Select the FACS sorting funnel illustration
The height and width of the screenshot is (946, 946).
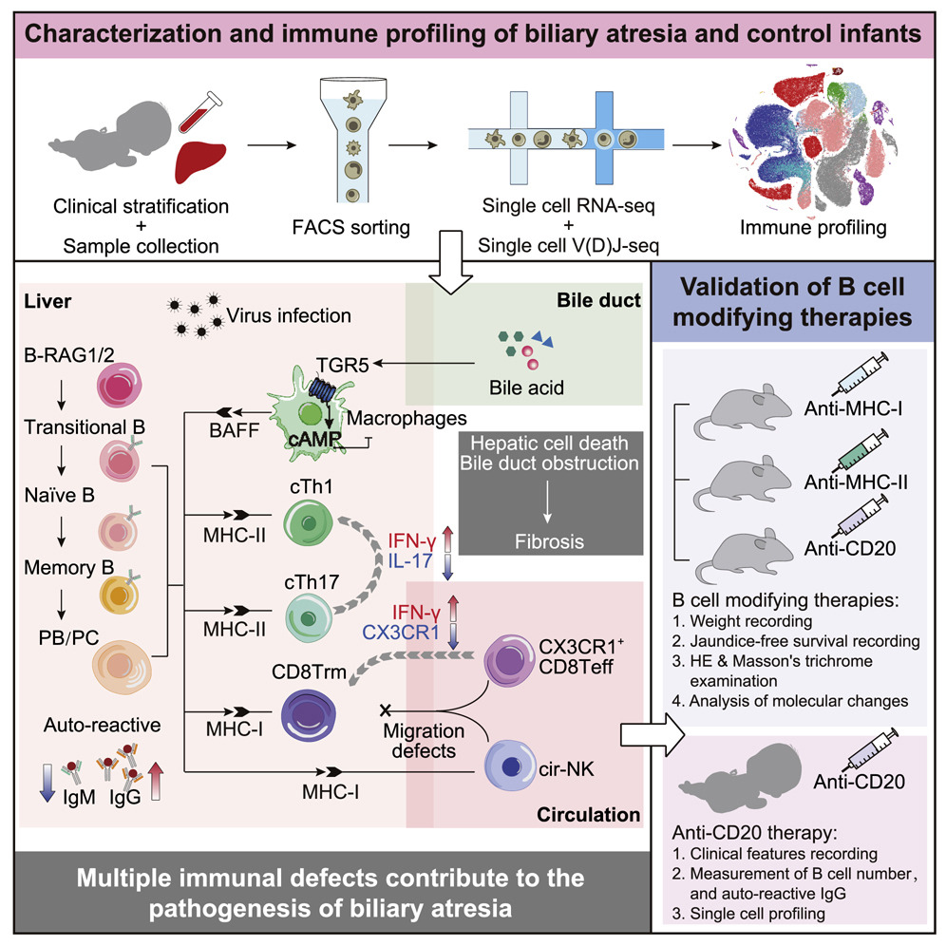(x=353, y=140)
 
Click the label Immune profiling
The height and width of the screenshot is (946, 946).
(x=813, y=227)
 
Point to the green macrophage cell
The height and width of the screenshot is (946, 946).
(x=307, y=413)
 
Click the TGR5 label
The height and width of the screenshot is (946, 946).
(x=342, y=365)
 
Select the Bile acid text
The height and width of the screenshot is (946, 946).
(x=526, y=388)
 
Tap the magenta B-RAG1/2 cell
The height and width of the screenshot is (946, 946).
(x=120, y=385)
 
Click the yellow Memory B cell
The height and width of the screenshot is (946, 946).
(x=119, y=595)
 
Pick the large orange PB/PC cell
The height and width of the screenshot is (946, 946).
(x=122, y=667)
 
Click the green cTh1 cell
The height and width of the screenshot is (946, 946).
(x=309, y=522)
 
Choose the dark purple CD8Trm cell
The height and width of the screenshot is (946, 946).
(x=309, y=715)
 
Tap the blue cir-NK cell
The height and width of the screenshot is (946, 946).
(x=510, y=766)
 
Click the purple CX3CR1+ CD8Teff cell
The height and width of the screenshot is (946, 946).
(x=510, y=660)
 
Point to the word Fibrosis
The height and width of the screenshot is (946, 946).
(x=549, y=541)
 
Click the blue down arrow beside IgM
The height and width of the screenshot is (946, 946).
(x=47, y=783)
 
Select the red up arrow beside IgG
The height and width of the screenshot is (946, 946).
(x=156, y=781)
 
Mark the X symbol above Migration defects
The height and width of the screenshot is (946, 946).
(x=386, y=710)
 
